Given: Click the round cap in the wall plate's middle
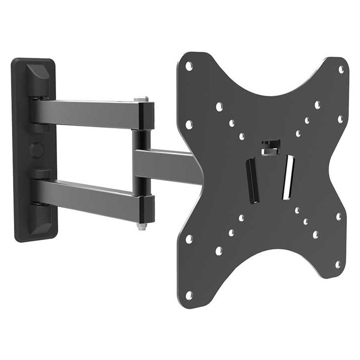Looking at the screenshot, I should click(35, 149).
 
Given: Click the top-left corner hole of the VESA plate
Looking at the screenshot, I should click(188, 65).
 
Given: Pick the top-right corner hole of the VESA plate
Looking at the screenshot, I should click(341, 69).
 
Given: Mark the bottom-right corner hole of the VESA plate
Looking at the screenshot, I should click(338, 264).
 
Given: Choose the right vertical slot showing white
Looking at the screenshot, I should click(287, 177).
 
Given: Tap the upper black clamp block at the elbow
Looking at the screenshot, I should click(146, 115).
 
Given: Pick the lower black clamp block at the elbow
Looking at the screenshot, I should click(145, 209).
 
